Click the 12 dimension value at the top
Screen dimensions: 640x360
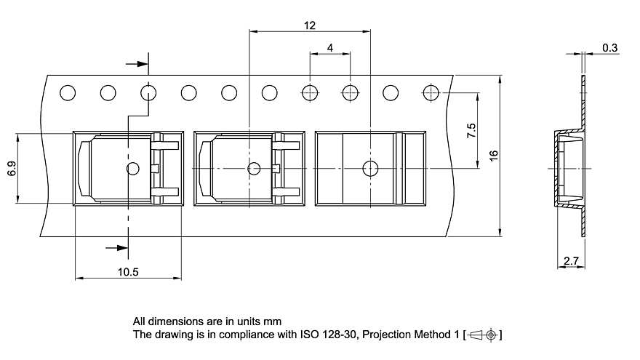pos(310,25)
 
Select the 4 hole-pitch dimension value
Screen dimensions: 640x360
pos(329,48)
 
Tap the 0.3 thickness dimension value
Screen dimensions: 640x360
pos(609,48)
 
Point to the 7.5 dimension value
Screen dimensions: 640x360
pos(471,131)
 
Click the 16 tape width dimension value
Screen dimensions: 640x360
pos(494,156)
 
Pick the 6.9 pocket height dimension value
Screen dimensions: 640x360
pos(12,169)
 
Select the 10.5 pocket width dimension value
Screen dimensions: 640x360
pos(128,272)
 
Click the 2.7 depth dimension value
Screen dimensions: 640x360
pos(571,260)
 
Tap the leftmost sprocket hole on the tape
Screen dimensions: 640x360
pos(68,92)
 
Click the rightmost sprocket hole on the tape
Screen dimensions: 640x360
pos(431,92)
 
